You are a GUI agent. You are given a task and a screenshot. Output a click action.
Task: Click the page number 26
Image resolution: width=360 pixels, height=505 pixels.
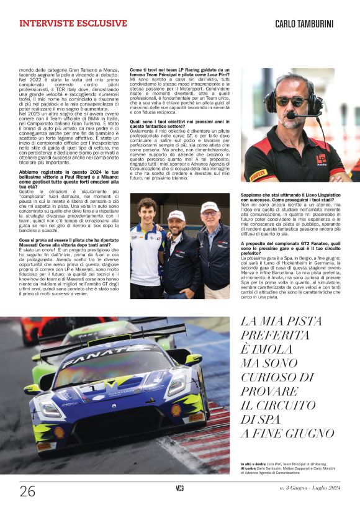click(27, 491)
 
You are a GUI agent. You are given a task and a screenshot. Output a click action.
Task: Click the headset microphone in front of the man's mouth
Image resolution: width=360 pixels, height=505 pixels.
click(290, 115)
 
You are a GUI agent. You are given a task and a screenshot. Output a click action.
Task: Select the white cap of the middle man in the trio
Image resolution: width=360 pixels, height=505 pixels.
click(177, 215)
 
